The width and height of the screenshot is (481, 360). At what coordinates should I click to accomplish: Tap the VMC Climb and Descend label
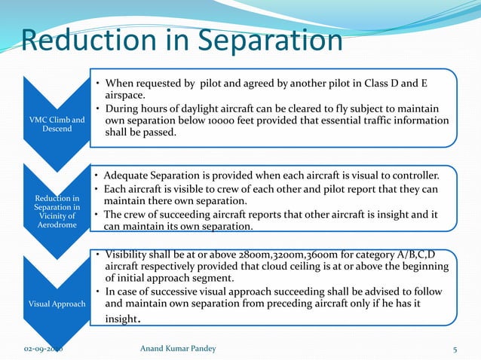pyautogui.click(x=57, y=124)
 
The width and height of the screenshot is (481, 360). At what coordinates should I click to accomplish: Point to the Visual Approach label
pyautogui.click(x=57, y=304)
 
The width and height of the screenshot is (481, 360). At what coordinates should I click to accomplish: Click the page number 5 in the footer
pyautogui.click(x=455, y=349)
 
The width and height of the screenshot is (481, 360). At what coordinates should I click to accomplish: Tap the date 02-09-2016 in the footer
pyautogui.click(x=44, y=349)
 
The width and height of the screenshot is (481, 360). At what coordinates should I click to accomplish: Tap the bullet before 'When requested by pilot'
pyautogui.click(x=96, y=82)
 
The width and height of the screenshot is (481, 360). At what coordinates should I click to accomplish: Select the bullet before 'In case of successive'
pyautogui.click(x=96, y=291)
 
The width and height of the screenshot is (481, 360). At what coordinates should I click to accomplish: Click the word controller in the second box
pyautogui.click(x=412, y=175)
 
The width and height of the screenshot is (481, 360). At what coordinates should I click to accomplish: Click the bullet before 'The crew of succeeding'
pyautogui.click(x=96, y=214)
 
